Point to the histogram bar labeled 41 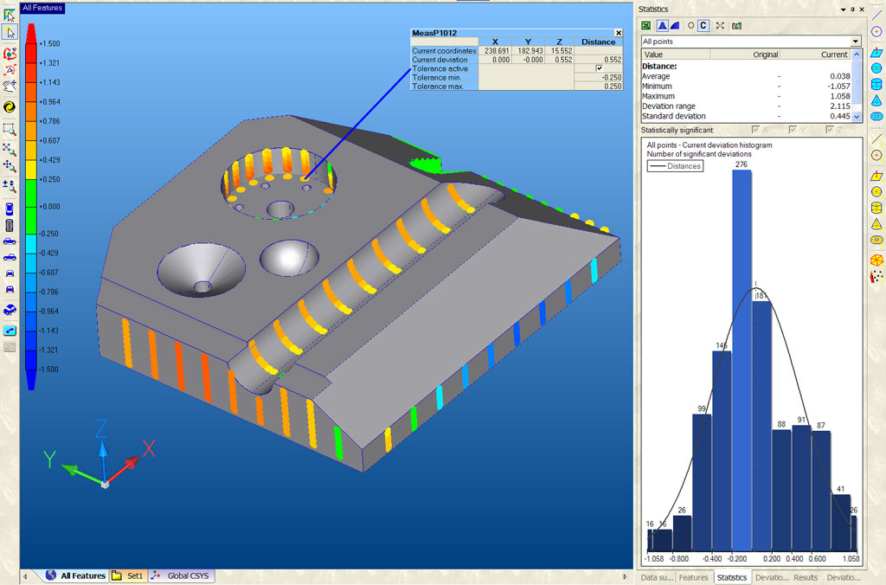point(839,524)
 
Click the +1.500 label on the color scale point(49,43)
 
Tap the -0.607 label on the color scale point(49,272)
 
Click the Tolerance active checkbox point(599,68)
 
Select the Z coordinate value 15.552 point(562,51)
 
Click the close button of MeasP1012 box point(618,33)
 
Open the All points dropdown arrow point(855,41)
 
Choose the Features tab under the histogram point(693,577)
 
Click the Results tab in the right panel point(806,577)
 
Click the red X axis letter point(148,447)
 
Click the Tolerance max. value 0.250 point(611,87)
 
